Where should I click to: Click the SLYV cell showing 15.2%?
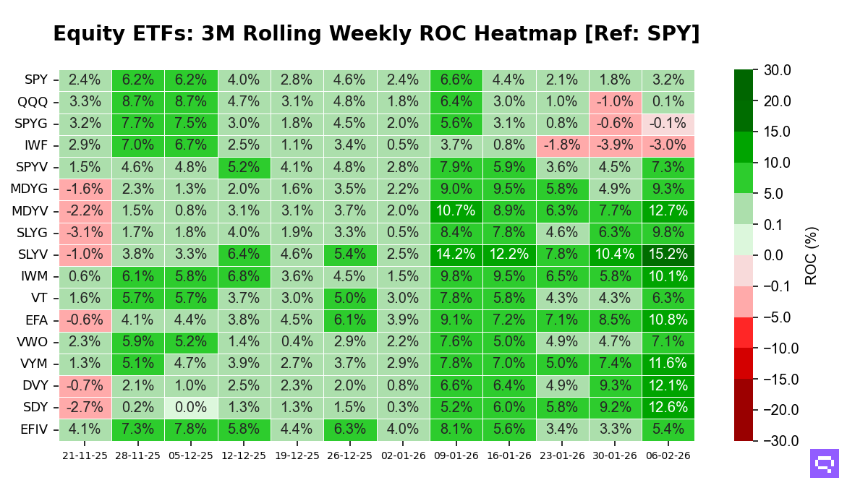point(668,254)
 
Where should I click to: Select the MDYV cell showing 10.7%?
point(456,211)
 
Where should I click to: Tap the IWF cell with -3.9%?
point(615,145)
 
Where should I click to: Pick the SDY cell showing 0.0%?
point(191,408)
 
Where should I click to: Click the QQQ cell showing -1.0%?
point(615,102)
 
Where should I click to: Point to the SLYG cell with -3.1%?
point(85,233)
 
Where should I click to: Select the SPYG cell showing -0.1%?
point(668,124)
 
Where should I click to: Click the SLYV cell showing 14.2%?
point(456,254)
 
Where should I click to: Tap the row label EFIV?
point(33,430)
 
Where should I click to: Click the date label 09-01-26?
point(456,455)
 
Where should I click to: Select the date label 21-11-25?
point(85,455)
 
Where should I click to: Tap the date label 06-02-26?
point(668,455)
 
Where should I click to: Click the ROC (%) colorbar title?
point(812,255)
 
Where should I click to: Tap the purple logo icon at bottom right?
point(824,463)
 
